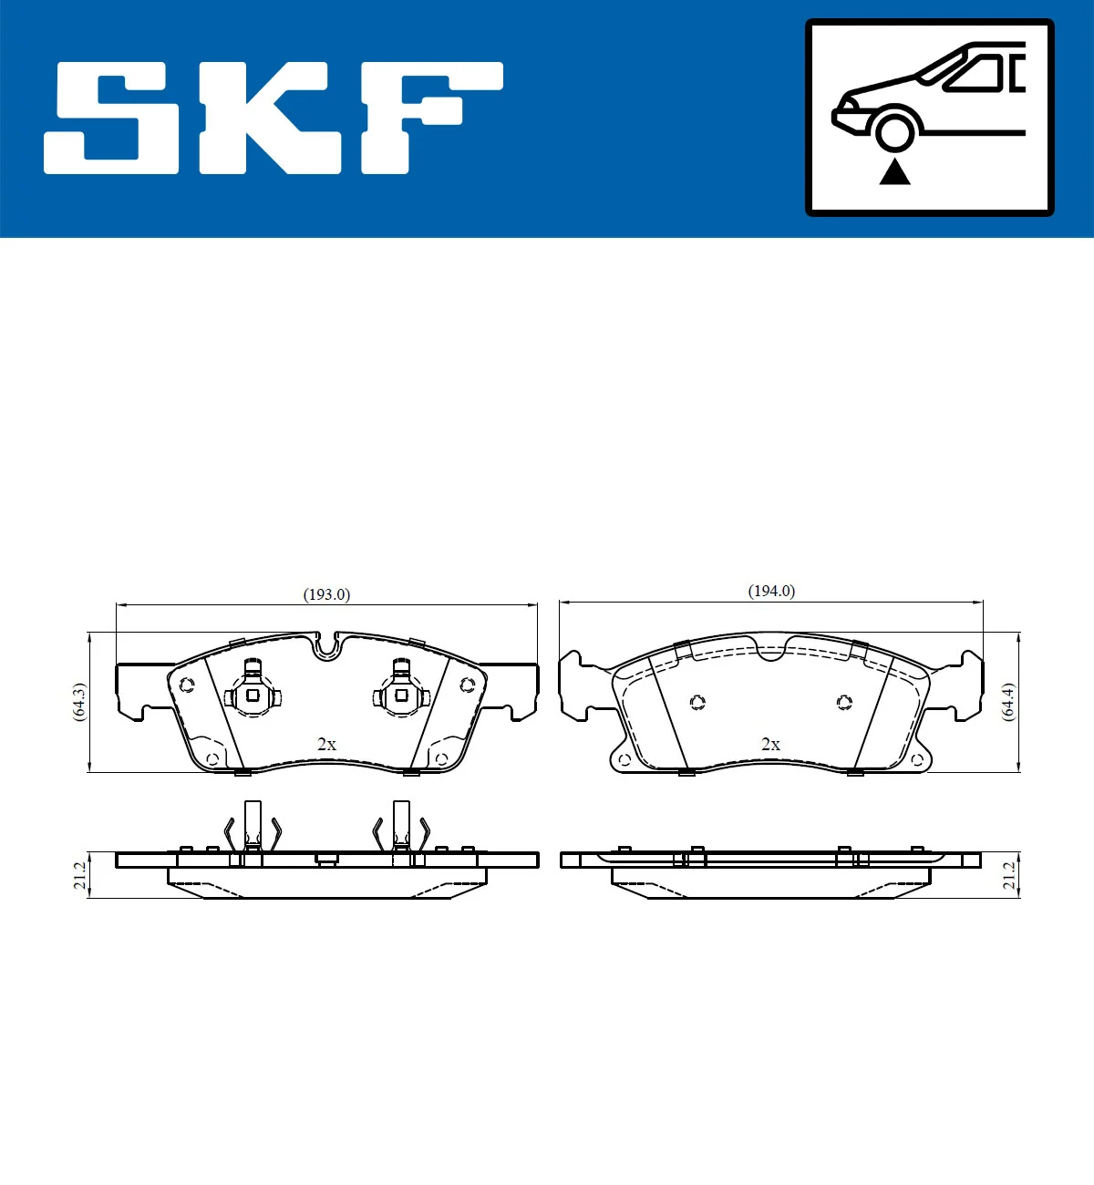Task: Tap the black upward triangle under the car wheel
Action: point(894,171)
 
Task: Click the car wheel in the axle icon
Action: point(894,129)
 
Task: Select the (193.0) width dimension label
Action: point(326,594)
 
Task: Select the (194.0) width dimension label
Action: point(771,591)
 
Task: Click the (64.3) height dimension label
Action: point(79,702)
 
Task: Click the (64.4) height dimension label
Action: point(1008,702)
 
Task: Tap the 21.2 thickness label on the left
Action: point(79,875)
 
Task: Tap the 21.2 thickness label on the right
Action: point(1009,875)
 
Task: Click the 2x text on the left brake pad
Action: point(326,745)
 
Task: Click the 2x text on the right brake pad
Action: point(770,745)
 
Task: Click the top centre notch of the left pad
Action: point(325,647)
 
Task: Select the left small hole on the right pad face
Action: point(697,702)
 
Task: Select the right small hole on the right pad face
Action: point(844,702)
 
